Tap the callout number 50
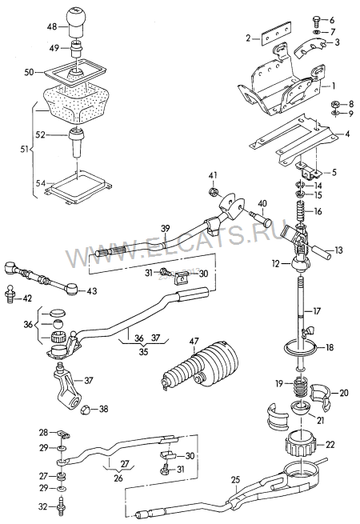point(29,71)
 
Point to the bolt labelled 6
point(317,22)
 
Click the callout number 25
point(235,480)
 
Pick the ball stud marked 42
point(11,294)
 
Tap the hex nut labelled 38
point(86,410)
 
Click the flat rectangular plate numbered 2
point(276,33)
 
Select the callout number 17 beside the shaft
point(316,311)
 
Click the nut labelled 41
point(213,191)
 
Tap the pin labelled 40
point(260,218)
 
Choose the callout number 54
point(41,182)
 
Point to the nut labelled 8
point(336,104)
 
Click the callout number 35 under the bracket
point(144,351)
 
